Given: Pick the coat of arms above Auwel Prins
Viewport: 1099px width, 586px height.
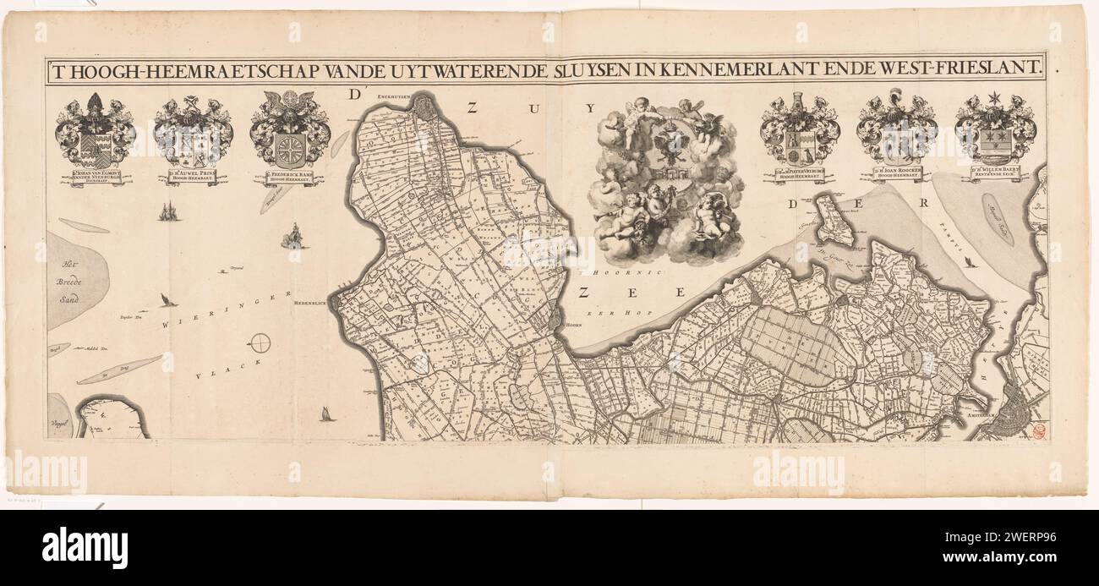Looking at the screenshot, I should (193, 133).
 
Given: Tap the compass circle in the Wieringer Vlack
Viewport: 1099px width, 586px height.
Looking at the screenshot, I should (261, 343).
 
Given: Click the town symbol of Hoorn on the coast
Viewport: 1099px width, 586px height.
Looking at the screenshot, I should (555, 320).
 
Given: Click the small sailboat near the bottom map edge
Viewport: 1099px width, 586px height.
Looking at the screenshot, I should (324, 413).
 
